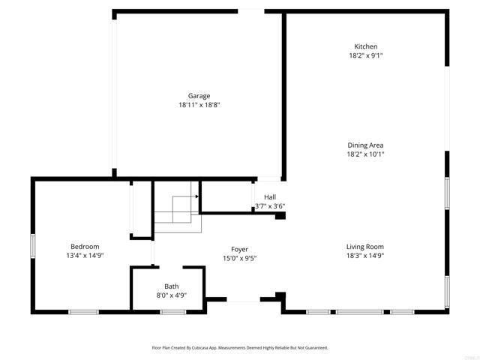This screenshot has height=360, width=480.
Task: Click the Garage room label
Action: coord(199,95)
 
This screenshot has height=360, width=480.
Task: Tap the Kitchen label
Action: coord(366,46)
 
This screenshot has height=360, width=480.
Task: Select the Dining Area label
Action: coord(366,145)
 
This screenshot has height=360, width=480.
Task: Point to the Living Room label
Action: coord(365,247)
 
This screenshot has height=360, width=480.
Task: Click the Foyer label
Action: coord(240,250)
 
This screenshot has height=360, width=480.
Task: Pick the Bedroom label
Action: coord(85,247)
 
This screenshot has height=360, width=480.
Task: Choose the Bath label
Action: coord(172,286)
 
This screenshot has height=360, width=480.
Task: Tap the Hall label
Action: coord(270,197)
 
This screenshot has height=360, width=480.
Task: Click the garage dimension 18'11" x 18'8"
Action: coord(199,105)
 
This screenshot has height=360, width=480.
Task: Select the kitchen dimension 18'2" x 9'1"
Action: coord(366,55)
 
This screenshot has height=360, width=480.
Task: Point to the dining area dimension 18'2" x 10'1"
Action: coord(366,154)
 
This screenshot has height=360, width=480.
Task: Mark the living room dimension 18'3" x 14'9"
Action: coord(365,256)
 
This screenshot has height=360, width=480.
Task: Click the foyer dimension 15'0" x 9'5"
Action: coord(240,259)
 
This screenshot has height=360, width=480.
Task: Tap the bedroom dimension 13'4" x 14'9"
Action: coord(85,256)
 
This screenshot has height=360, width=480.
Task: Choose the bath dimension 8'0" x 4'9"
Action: coord(172,295)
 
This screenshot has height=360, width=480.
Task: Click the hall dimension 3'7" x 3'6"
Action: coord(270,206)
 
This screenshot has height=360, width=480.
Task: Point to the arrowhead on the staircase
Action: coord(196,196)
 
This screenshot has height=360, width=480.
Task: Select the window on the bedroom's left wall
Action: coord(32,246)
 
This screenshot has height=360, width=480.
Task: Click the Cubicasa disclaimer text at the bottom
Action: coord(240,348)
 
